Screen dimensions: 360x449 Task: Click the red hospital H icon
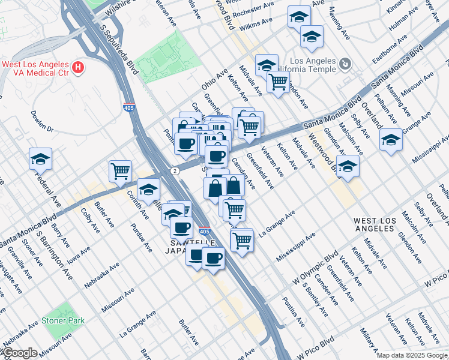pos(77,67)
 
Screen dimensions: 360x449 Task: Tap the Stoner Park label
pos(63,320)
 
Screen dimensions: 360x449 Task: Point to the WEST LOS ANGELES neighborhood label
pos(382,225)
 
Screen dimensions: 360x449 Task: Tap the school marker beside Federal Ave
pos(40,160)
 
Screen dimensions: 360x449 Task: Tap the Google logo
pos(19,353)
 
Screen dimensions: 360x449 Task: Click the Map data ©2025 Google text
pos(412,355)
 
